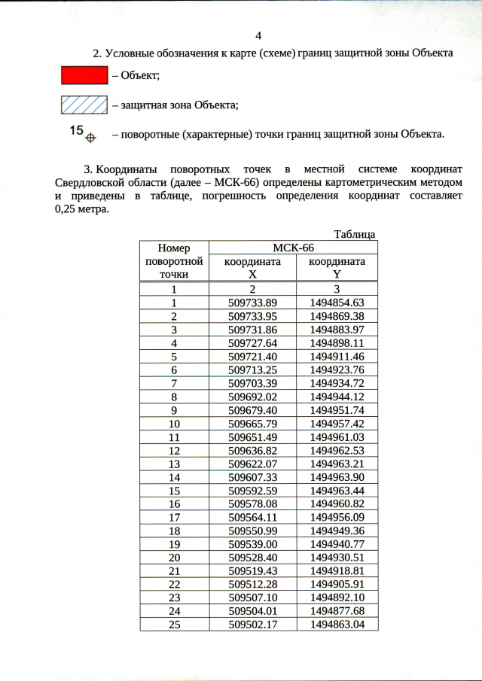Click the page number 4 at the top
(x=258, y=36)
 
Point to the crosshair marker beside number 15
(x=90, y=138)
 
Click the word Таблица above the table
(x=354, y=235)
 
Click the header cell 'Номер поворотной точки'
(x=174, y=261)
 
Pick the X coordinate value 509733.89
(x=253, y=302)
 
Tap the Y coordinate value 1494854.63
(x=337, y=302)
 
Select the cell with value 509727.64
(x=253, y=343)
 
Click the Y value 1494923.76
(x=337, y=370)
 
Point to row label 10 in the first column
(x=174, y=424)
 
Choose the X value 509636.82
(x=253, y=451)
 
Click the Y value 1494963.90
(x=337, y=478)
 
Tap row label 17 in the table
(x=174, y=518)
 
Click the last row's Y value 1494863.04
(x=337, y=625)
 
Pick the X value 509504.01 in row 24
(x=253, y=611)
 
